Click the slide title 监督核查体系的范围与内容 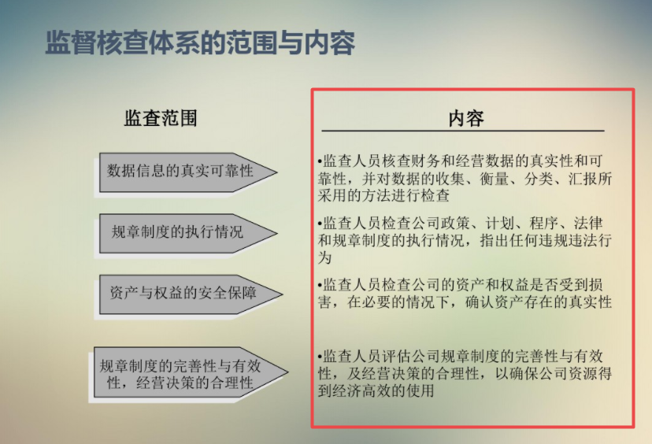tap(200, 42)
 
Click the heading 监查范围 tap(161, 118)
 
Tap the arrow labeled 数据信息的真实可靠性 tap(186, 171)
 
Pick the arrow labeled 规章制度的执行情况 tap(186, 232)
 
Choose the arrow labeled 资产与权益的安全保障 tap(186, 293)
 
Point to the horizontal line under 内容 tap(463, 131)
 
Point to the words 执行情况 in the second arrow tap(213, 232)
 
